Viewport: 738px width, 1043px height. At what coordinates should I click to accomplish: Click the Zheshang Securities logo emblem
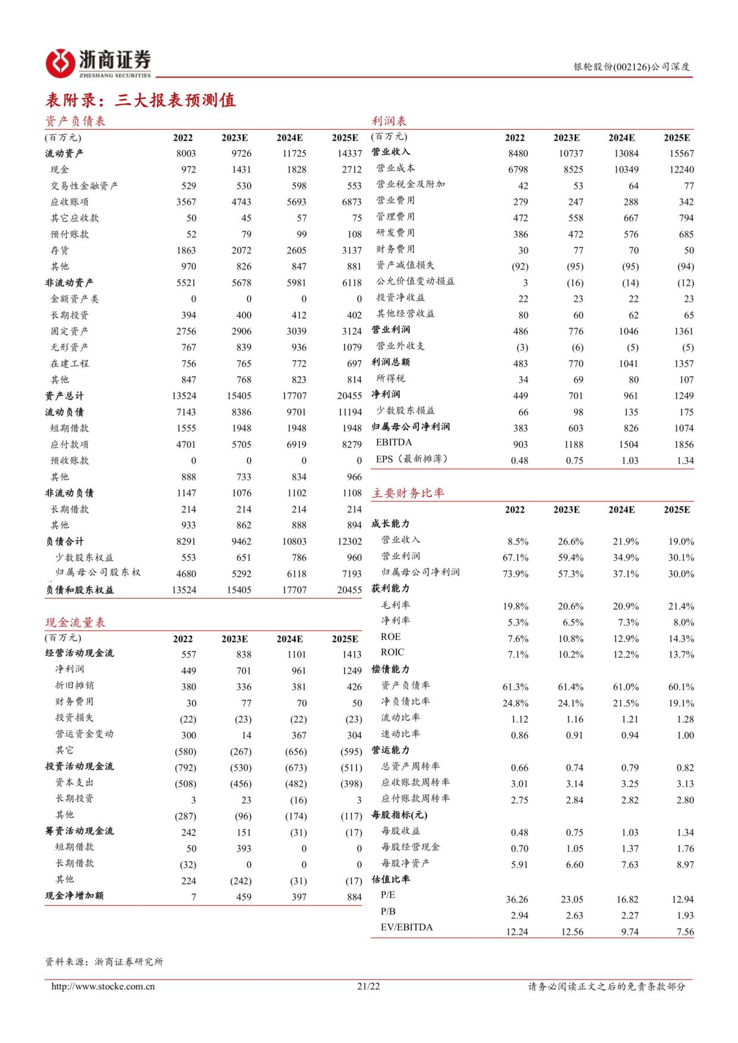(60, 62)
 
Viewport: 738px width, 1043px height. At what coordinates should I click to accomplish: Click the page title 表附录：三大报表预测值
(140, 100)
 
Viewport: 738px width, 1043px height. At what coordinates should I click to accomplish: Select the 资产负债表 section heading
(76, 121)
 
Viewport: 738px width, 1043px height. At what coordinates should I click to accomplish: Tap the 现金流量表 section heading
(76, 623)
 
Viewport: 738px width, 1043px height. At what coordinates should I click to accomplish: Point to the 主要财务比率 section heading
(408, 493)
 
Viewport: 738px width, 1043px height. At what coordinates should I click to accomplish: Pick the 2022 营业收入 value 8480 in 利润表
(518, 153)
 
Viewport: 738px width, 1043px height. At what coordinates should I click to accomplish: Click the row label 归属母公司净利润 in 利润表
(411, 427)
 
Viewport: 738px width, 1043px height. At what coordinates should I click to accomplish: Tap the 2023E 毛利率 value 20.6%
(571, 607)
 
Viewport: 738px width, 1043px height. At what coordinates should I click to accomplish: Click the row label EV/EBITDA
(406, 927)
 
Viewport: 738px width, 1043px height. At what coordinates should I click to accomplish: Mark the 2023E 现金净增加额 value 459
(243, 897)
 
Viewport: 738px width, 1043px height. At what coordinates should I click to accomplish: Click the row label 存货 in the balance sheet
(60, 250)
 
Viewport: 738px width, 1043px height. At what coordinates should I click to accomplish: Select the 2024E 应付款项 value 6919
(296, 444)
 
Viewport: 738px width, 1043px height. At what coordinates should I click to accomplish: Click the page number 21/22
(368, 987)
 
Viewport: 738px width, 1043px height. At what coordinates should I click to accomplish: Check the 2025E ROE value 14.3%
(681, 639)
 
